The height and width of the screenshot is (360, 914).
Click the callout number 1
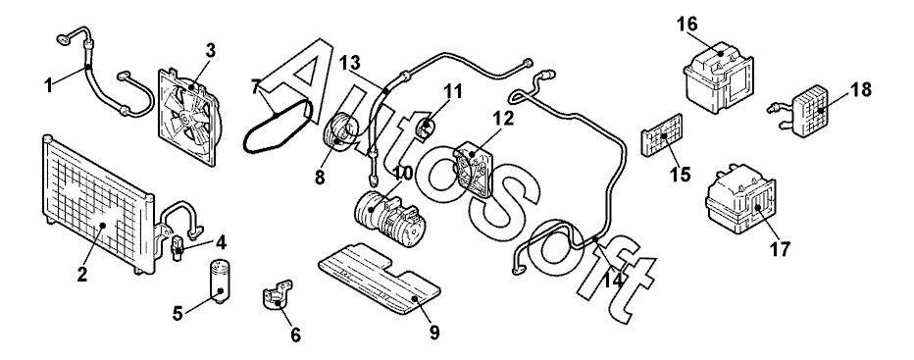pos(49,85)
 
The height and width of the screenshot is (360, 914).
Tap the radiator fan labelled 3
pos(189,117)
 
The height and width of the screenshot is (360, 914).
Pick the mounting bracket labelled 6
pos(277,294)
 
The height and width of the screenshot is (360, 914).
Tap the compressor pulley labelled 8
pos(338,131)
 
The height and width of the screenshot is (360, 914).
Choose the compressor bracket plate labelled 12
pos(474,168)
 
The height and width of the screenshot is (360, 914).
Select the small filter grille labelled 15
pos(662,135)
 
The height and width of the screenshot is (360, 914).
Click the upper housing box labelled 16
pos(718,78)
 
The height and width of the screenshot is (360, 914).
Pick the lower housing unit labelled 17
pos(740,199)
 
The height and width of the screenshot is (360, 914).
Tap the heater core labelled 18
pos(809,111)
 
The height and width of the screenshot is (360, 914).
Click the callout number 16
pos(686,25)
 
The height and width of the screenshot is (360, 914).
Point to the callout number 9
pos(434,333)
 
